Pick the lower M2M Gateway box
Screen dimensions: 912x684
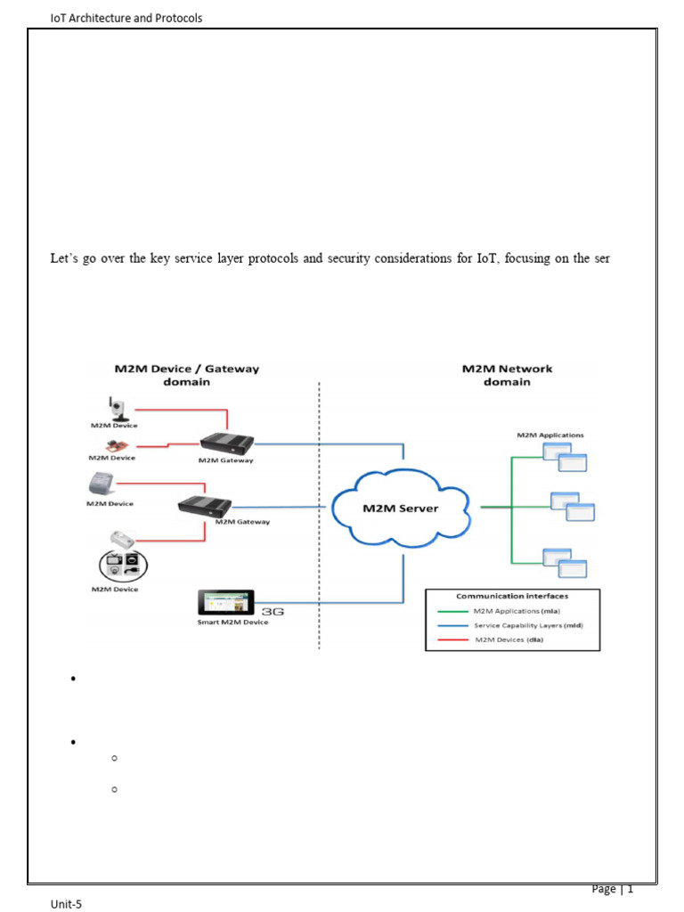[205, 505]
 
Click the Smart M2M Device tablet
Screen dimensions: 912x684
[226, 604]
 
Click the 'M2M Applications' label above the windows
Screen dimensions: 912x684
[550, 435]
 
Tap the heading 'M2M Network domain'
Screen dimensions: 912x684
[507, 375]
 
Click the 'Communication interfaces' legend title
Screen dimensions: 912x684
[512, 597]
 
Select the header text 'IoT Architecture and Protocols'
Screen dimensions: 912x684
[126, 18]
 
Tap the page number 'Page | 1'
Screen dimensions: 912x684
[612, 889]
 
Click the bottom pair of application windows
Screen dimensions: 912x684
[566, 561]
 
